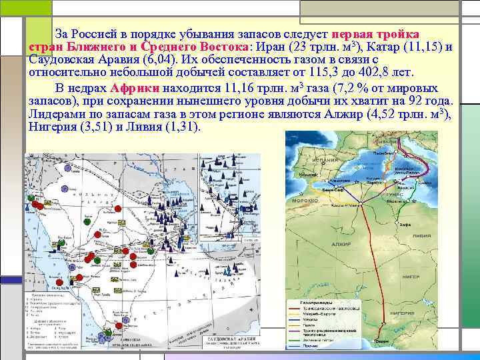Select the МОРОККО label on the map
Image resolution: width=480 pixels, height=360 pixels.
coord(304,199)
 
